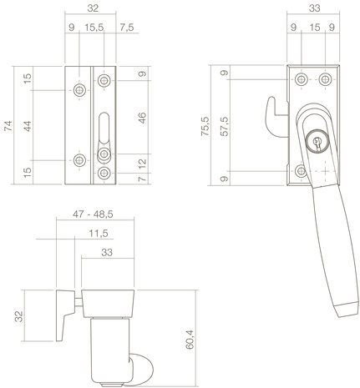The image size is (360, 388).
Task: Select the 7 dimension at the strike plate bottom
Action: pyautogui.click(x=141, y=178)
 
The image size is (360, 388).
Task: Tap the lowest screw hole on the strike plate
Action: pyautogui.click(x=104, y=173)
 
